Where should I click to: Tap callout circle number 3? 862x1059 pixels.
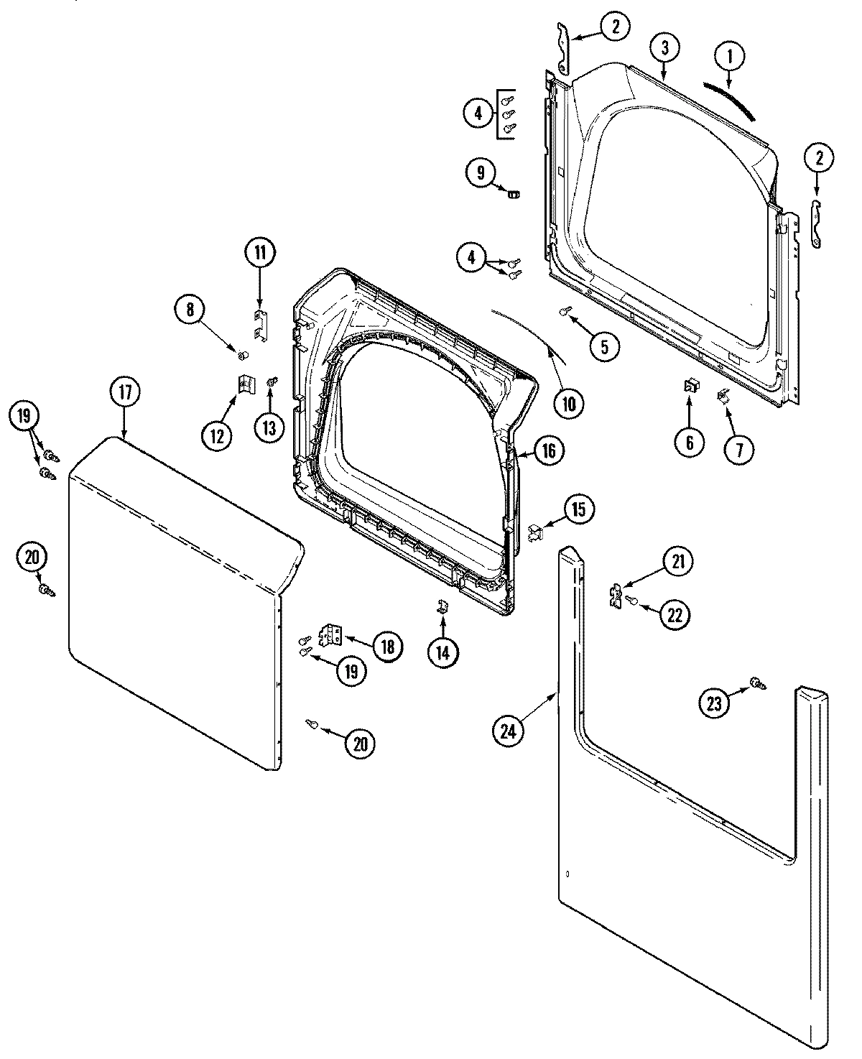coord(665,48)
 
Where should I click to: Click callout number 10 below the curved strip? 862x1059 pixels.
coord(568,404)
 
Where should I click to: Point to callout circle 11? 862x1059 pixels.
coord(259,252)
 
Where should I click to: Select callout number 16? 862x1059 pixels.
coord(548,451)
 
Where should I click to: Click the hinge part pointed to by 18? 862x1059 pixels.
coord(332,634)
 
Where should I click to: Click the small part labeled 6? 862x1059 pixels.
coord(690,387)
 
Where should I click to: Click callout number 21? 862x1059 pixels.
coord(678,562)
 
